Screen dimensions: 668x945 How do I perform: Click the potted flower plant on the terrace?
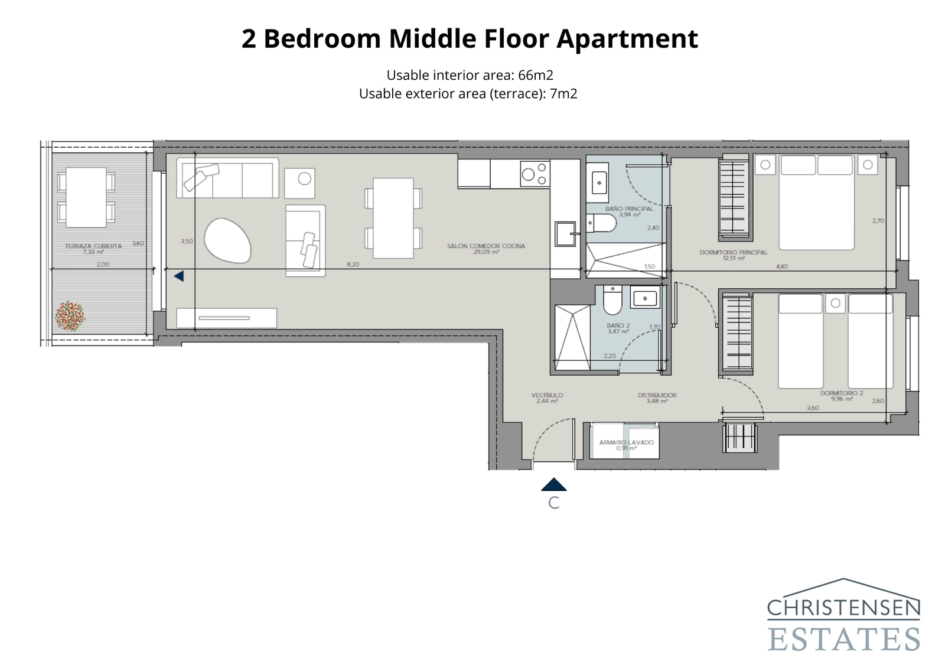70,316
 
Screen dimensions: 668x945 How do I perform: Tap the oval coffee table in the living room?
227,240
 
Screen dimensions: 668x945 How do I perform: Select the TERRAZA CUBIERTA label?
93,246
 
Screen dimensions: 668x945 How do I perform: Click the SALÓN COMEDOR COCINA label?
485,246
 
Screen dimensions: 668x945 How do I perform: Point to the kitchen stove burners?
535,174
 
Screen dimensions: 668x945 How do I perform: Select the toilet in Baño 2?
612,301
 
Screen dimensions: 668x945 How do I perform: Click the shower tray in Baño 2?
572,338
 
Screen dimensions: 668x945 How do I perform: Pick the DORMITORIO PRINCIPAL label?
733,252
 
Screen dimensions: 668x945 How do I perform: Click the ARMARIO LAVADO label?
626,442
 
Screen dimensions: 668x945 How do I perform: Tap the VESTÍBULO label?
547,395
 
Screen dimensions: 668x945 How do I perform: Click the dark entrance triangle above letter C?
553,485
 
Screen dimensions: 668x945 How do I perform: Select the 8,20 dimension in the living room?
353,265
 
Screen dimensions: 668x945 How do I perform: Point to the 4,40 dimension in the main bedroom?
781,266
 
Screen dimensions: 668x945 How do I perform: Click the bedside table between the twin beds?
835,304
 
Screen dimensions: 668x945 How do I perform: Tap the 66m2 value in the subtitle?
535,75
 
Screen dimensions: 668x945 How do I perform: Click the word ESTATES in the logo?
843,639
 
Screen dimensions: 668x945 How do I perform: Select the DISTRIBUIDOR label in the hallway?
657,395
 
